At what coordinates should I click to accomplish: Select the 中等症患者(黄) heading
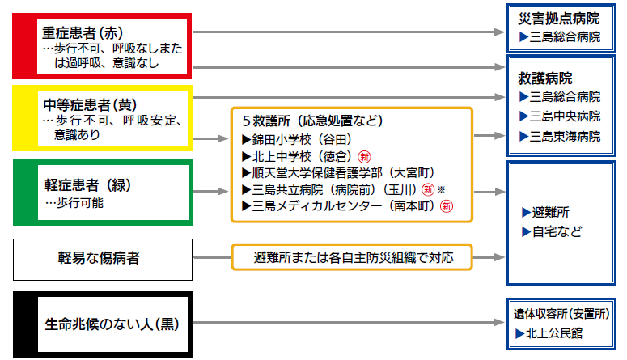tap(86, 105)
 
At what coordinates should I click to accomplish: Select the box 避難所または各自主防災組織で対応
tap(352, 258)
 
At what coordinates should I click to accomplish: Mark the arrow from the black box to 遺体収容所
tap(348, 323)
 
